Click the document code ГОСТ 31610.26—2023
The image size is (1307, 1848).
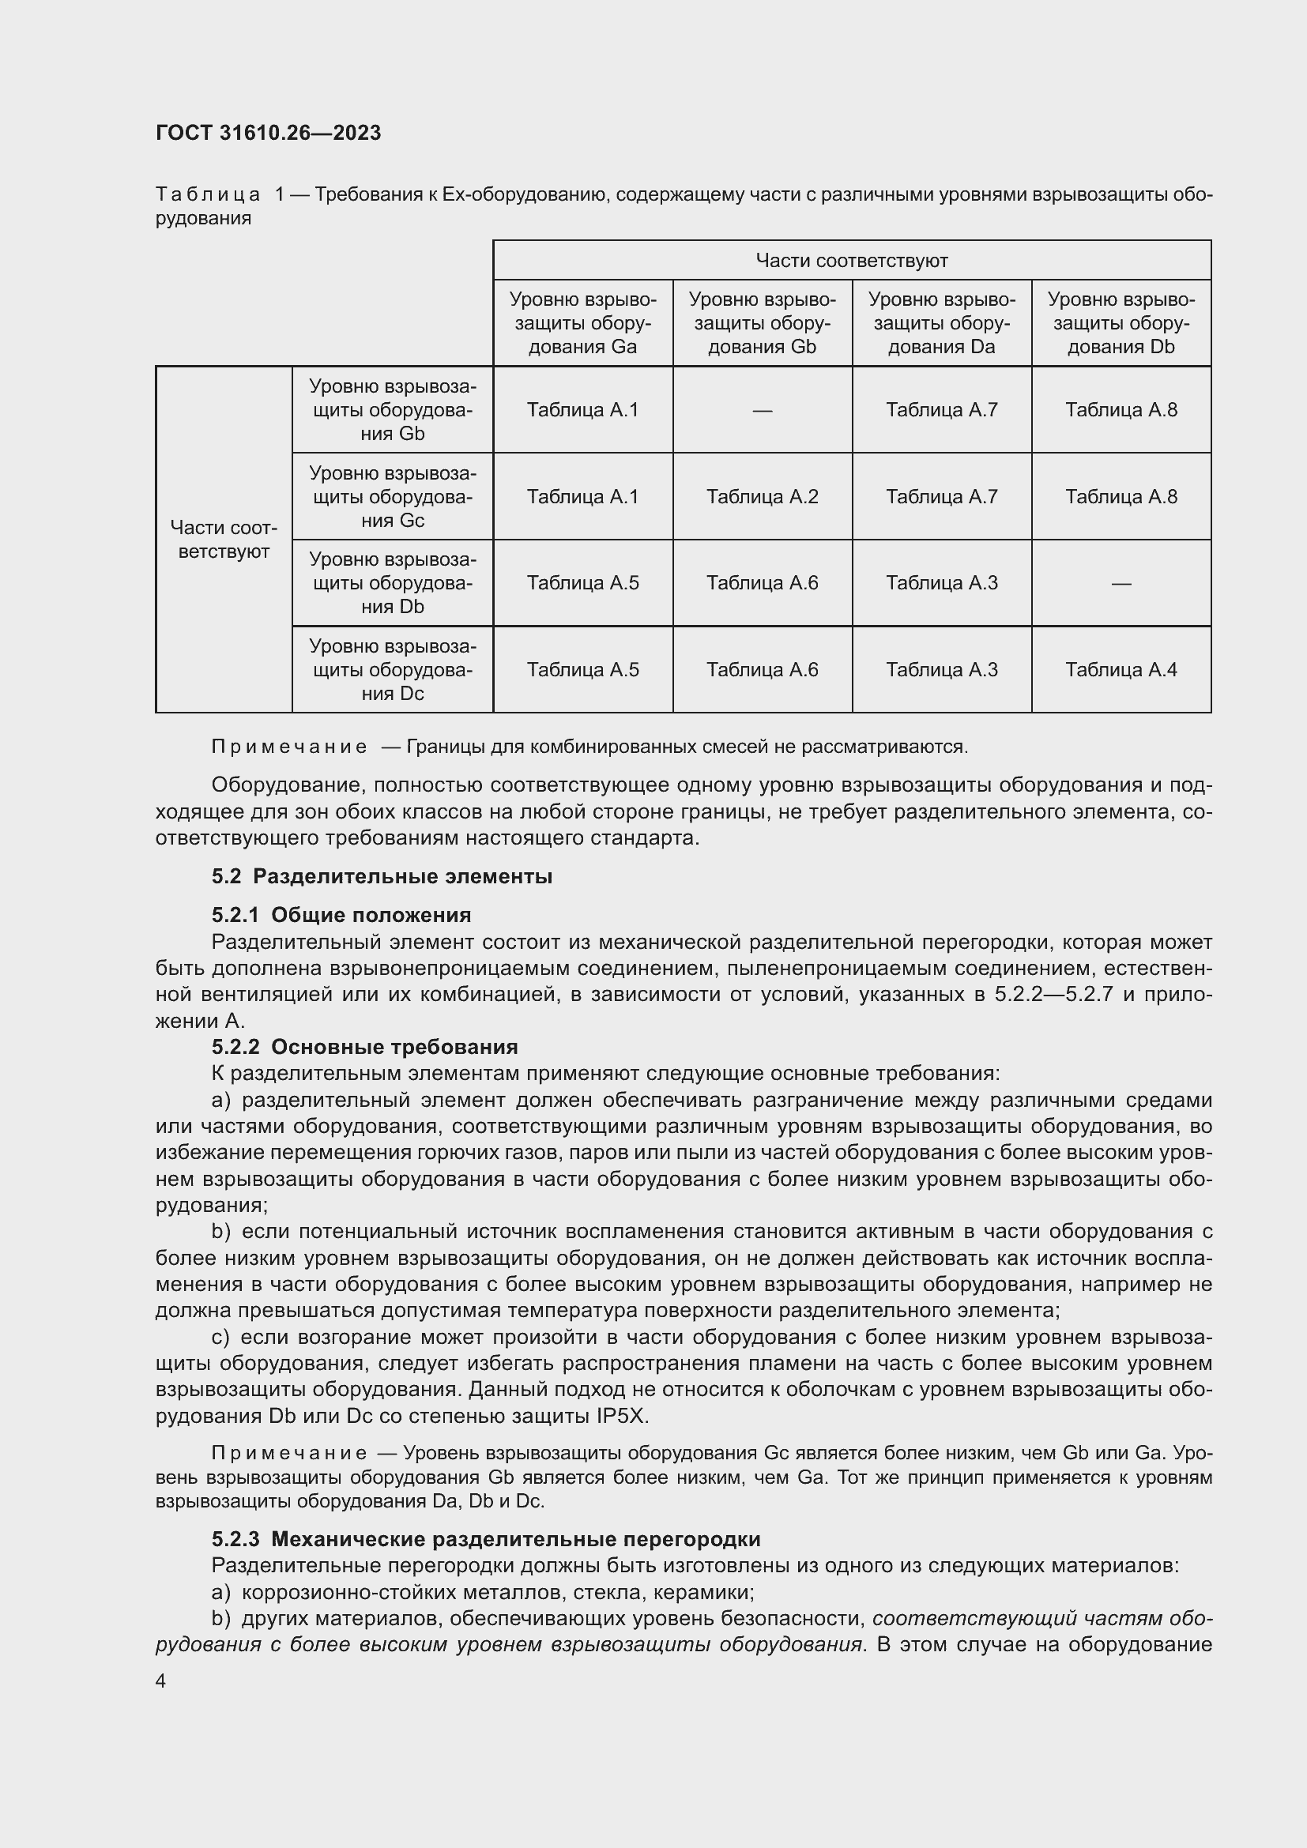(268, 133)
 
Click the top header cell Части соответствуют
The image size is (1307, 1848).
(852, 260)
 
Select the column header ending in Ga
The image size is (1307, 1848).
(582, 324)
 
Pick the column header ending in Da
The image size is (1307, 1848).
(942, 324)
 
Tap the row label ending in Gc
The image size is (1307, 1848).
(392, 497)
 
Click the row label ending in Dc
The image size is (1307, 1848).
(392, 670)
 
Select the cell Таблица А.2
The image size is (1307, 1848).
(762, 497)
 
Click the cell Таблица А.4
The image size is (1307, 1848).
(1121, 670)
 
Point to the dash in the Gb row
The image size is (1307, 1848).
(762, 411)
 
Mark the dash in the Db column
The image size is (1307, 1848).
(1121, 583)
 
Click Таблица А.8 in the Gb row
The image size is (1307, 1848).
(1121, 410)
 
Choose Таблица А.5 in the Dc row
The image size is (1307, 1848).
(582, 670)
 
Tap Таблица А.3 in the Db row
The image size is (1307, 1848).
(942, 583)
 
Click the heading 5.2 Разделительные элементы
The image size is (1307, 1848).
(382, 876)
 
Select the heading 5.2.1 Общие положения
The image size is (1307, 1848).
(341, 915)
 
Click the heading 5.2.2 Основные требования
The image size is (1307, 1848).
(364, 1047)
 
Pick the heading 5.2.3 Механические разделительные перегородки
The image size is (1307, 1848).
(486, 1539)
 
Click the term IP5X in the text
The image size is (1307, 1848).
(621, 1416)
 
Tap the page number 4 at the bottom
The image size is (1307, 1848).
(161, 1681)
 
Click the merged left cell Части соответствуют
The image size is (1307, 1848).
(224, 540)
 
